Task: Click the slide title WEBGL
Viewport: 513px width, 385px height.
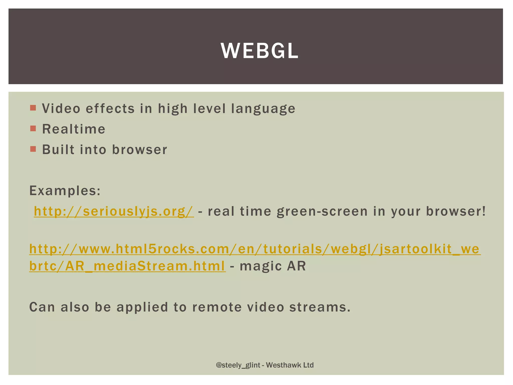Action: coord(260,51)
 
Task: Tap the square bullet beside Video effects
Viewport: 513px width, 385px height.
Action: coord(33,108)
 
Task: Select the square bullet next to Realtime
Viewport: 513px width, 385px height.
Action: coord(33,129)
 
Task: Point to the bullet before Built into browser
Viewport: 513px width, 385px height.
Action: coord(33,149)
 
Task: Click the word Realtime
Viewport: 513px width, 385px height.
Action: coord(74,129)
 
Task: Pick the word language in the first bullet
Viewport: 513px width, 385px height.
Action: coord(263,109)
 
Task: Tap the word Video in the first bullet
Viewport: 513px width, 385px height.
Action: coord(61,109)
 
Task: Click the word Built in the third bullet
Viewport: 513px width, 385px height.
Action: coord(58,150)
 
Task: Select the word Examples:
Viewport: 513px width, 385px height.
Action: coord(65,191)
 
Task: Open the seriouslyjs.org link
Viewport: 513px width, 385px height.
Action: coord(113,211)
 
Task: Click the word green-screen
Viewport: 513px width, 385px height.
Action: coord(322,211)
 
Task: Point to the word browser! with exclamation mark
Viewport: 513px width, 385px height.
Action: coord(456,211)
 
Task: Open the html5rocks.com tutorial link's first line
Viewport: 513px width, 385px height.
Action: coord(254,249)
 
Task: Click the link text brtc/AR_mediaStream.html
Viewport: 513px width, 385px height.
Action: coord(127,266)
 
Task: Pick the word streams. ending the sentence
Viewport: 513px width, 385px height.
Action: coord(320,307)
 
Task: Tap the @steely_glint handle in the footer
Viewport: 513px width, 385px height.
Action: coord(238,365)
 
